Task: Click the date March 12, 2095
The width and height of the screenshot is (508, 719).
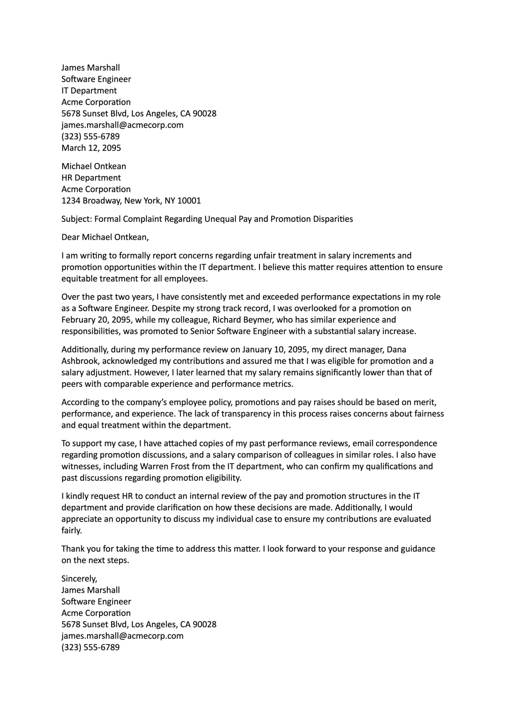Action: tap(91, 148)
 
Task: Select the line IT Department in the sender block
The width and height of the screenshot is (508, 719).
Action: tap(89, 90)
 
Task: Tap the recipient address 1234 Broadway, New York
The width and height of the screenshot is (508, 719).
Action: tap(131, 201)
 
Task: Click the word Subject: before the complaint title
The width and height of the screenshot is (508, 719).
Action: tap(77, 219)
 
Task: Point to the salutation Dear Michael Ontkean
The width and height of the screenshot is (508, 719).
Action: tap(105, 237)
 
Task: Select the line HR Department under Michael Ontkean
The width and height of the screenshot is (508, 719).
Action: tap(91, 178)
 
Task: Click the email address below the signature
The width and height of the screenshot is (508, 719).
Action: tap(122, 636)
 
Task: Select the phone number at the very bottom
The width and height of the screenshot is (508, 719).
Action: tap(90, 647)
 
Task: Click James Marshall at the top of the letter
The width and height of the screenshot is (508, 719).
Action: tap(90, 68)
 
